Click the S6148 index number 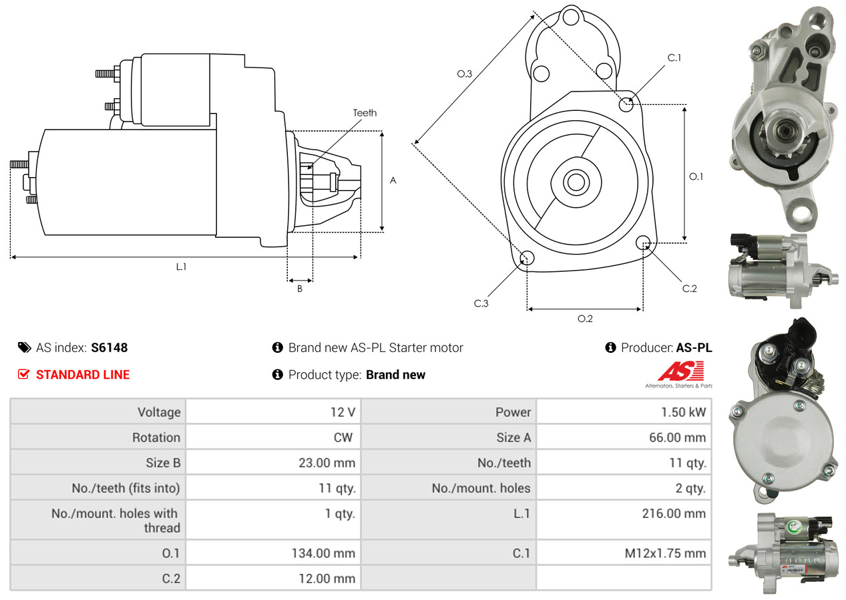(x=109, y=347)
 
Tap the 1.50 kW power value (x=683, y=412)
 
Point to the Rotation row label (x=156, y=438)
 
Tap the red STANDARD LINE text (x=83, y=375)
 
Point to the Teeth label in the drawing (x=365, y=113)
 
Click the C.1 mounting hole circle (x=626, y=104)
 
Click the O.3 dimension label (x=464, y=74)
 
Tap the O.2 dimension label (x=585, y=319)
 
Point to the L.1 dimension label (x=181, y=266)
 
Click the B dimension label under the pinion (x=300, y=289)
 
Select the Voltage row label (x=159, y=412)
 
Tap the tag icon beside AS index (x=24, y=347)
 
